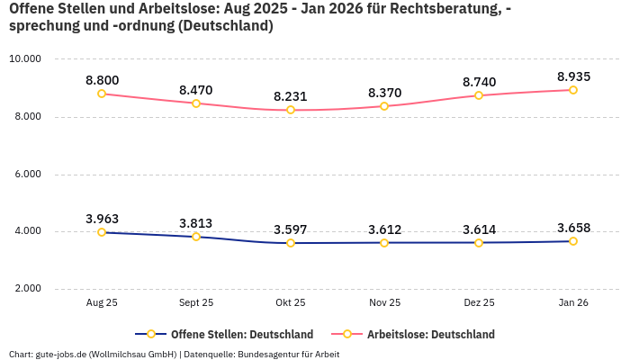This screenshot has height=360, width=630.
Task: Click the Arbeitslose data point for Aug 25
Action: coord(102,94)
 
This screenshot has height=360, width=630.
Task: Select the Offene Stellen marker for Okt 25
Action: coord(291,243)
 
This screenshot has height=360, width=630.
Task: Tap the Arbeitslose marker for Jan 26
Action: coord(572,90)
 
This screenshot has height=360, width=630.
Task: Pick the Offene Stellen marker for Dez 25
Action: coord(479,242)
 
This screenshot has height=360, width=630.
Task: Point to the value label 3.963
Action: coord(102,219)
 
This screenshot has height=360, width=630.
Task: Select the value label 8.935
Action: coord(572,76)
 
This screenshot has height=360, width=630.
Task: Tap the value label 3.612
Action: coord(384,229)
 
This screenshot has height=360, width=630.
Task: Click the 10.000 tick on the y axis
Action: coord(25,59)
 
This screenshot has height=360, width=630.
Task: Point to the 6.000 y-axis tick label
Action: coord(25,174)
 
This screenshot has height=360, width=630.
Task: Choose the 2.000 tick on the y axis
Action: coord(25,289)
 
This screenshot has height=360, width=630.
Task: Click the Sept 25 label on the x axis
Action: coord(196,303)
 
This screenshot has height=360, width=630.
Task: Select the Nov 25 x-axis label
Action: coord(384,303)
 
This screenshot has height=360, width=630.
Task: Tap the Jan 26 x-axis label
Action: coord(572,303)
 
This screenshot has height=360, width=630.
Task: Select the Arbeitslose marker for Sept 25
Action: coord(196,103)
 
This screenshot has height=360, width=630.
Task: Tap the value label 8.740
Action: coord(479,82)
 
